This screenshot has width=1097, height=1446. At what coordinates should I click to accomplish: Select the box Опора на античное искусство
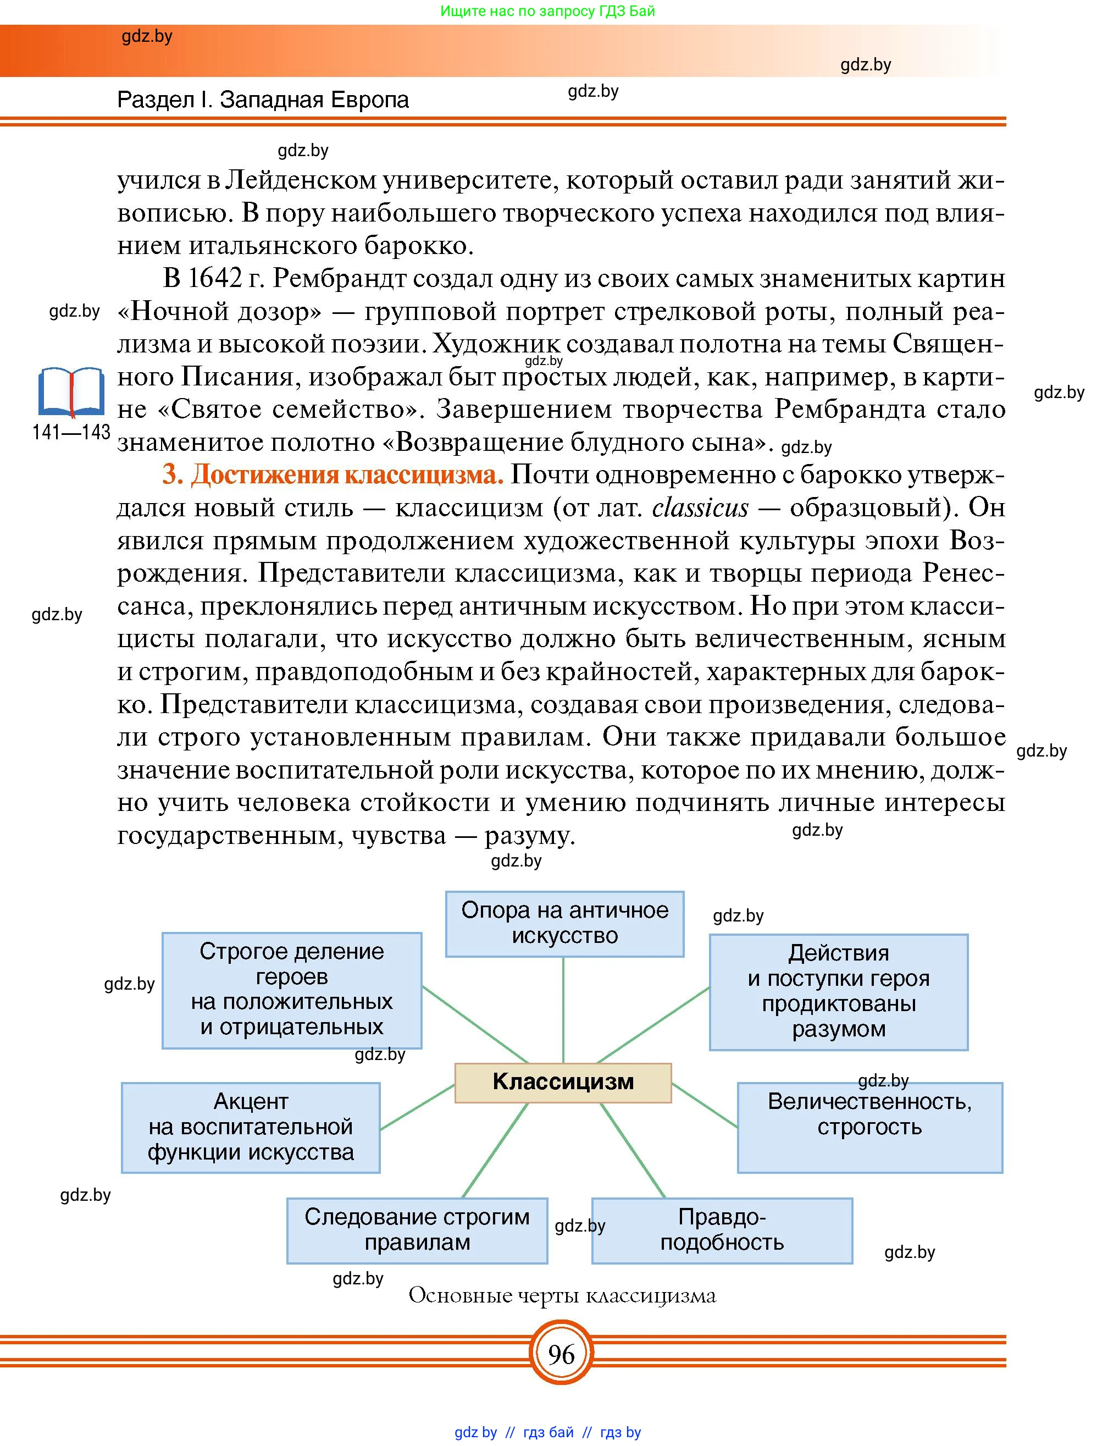click(x=564, y=923)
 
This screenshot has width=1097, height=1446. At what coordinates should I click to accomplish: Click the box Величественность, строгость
click(x=869, y=1127)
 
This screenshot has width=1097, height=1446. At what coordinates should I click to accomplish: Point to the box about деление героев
click(x=291, y=990)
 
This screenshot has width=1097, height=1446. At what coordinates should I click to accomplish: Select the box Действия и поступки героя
click(x=838, y=991)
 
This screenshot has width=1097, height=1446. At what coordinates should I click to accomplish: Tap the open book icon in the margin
click(x=70, y=392)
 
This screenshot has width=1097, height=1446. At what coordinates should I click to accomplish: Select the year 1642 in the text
click(x=214, y=279)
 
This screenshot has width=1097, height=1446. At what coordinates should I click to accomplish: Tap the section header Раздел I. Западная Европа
click(x=263, y=100)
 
